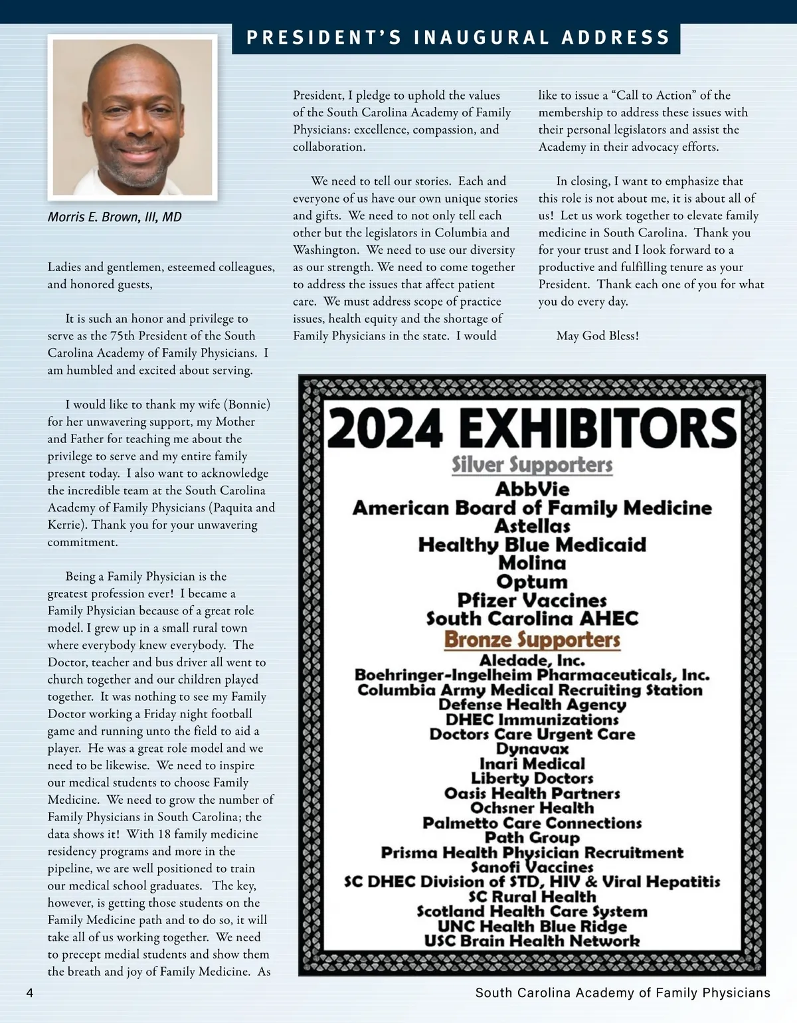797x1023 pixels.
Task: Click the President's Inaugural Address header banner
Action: (x=456, y=38)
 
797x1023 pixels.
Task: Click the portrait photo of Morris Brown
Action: (x=132, y=118)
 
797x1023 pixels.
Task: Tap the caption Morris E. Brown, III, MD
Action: (x=114, y=217)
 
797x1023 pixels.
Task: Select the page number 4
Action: (x=29, y=993)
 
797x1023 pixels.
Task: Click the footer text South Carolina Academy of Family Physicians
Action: (x=622, y=993)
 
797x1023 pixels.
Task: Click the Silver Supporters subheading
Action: (x=532, y=465)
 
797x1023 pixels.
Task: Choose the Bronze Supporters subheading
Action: (x=532, y=640)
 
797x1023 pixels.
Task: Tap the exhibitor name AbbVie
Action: (x=532, y=490)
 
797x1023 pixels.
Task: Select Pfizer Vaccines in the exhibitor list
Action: (x=532, y=601)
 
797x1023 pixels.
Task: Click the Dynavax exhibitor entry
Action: (x=532, y=749)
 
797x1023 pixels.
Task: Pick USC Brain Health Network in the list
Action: (x=532, y=941)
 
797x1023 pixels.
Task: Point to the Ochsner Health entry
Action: (x=532, y=808)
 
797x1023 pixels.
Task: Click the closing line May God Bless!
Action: (x=597, y=336)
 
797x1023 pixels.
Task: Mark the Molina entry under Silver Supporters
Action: (x=532, y=563)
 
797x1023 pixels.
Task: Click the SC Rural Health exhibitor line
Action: (x=532, y=897)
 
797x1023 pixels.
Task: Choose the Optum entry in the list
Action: (x=532, y=582)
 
